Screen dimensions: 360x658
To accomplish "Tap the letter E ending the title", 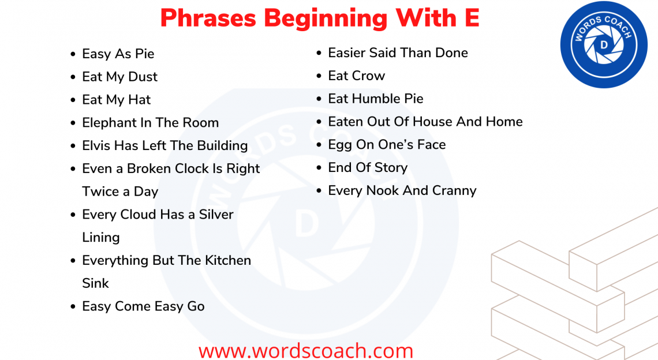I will pyautogui.click(x=472, y=17).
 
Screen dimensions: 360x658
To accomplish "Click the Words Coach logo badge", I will pyautogui.click(x=603, y=44).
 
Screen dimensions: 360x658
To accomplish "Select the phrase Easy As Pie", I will pyautogui.click(x=118, y=54).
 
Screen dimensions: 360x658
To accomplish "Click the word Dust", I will pyautogui.click(x=143, y=77).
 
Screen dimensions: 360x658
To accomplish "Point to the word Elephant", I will pyautogui.click(x=110, y=123).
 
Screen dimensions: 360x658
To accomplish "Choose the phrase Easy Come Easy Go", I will pyautogui.click(x=143, y=306).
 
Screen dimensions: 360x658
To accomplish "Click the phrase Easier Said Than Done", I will pyautogui.click(x=398, y=53).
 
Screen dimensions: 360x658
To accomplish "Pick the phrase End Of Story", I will pyautogui.click(x=368, y=167).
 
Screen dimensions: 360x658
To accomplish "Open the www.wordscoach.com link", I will pyautogui.click(x=306, y=350).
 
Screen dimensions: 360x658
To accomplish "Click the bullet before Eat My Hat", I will pyautogui.click(x=73, y=100).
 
